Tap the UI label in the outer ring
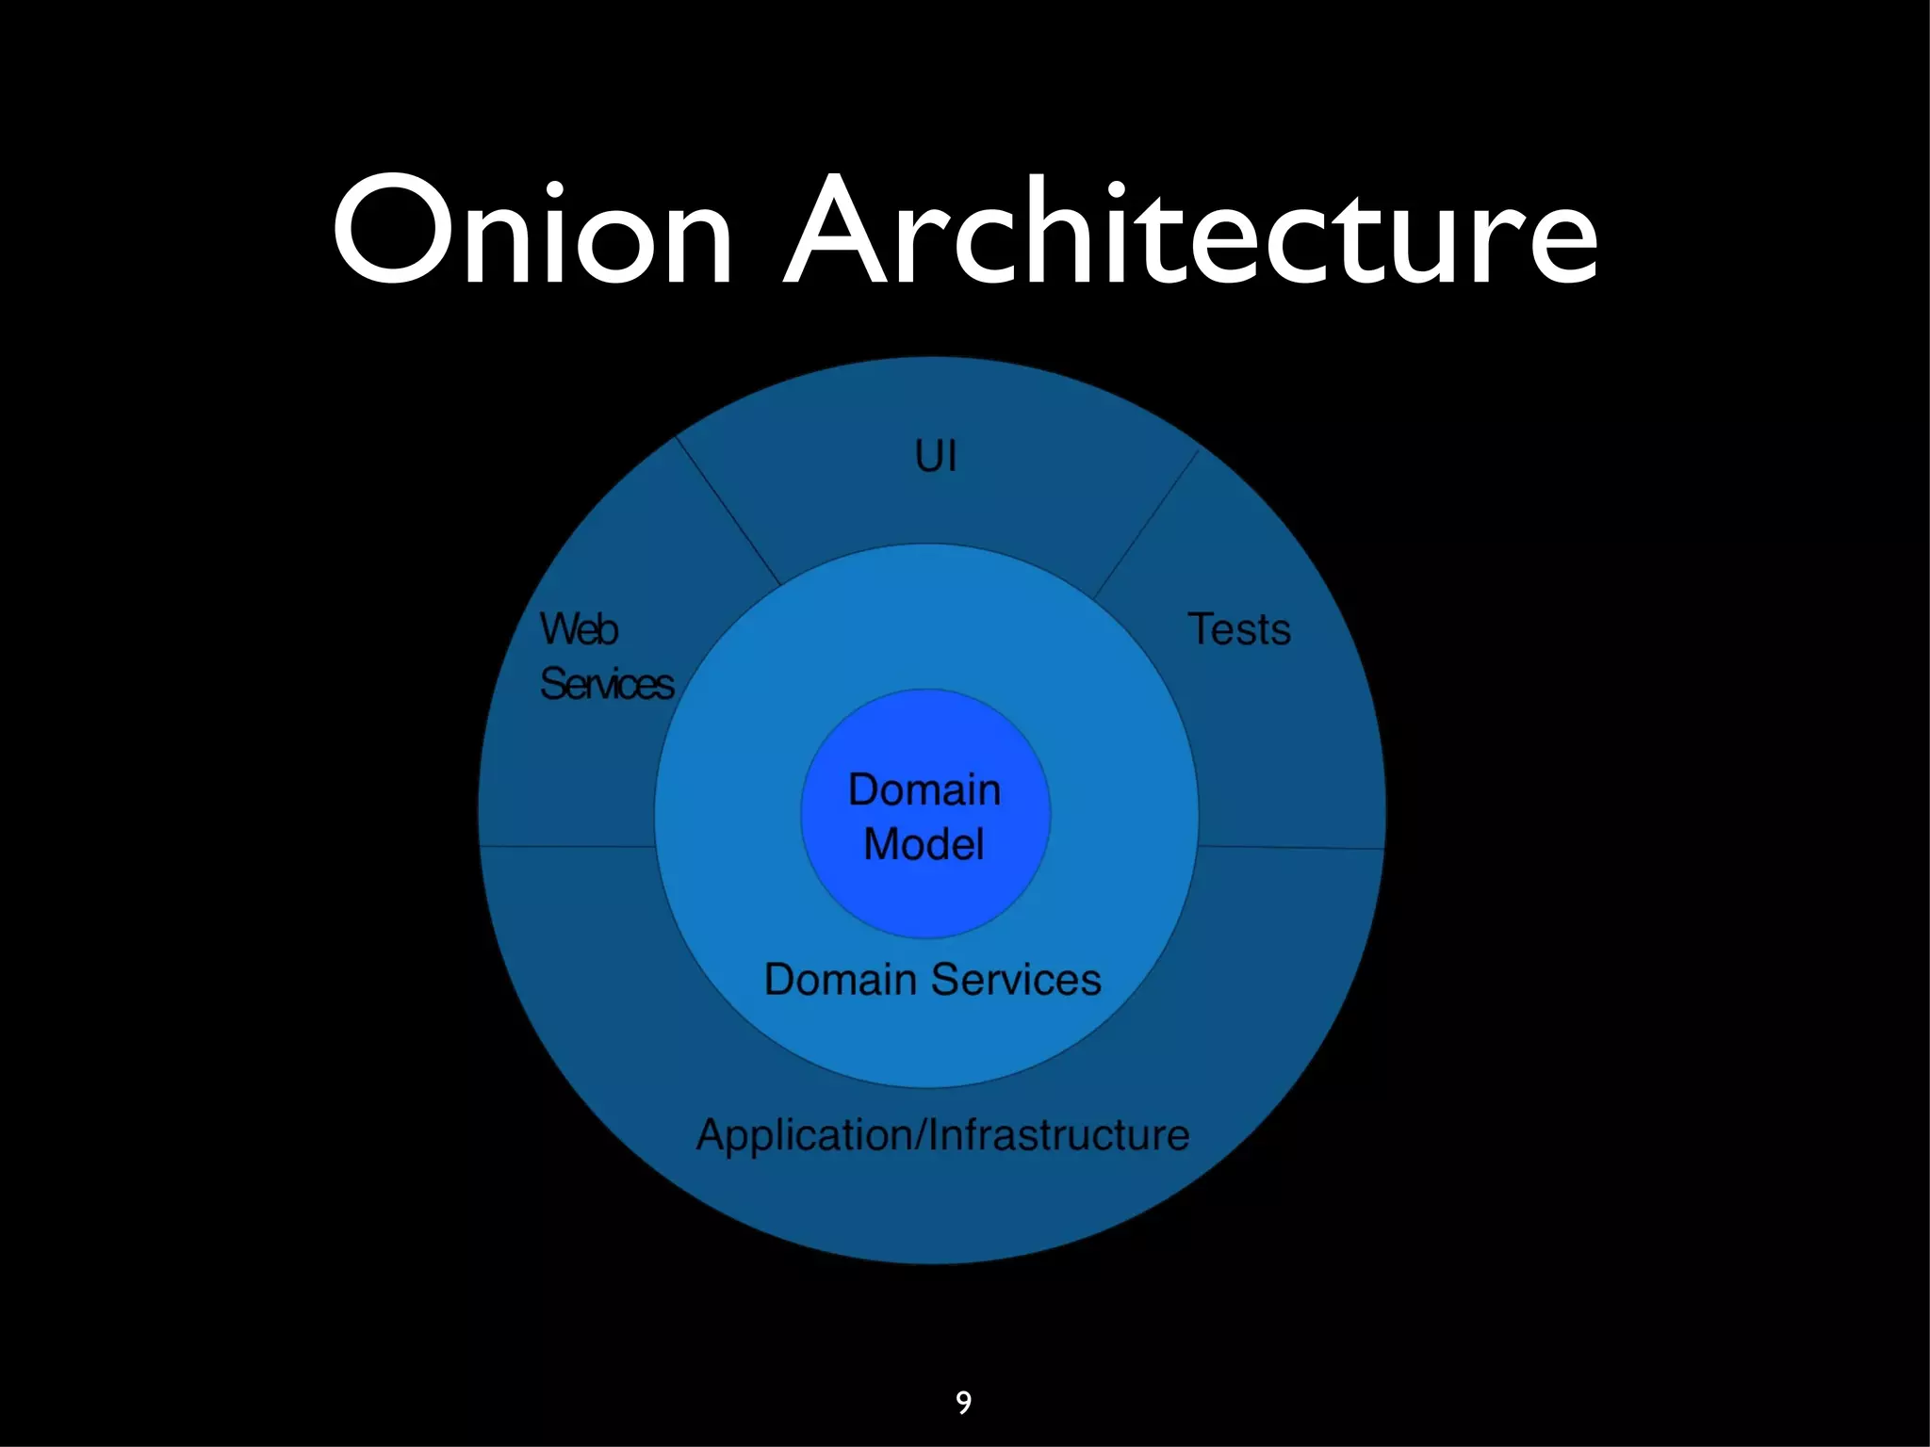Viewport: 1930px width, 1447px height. click(936, 457)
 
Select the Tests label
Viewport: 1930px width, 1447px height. click(1238, 629)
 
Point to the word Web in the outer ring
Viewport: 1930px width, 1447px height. click(579, 629)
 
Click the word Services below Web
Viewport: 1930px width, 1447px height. click(607, 684)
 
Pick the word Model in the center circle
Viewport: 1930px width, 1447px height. click(924, 844)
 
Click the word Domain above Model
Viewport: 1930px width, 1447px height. click(924, 789)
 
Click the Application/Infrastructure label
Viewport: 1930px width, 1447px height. click(942, 1135)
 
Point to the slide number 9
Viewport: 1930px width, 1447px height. click(963, 1403)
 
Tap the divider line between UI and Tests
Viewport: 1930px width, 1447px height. click(1147, 524)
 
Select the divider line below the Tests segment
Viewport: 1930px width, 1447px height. click(1291, 848)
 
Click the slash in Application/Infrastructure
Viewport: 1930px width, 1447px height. click(921, 1135)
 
